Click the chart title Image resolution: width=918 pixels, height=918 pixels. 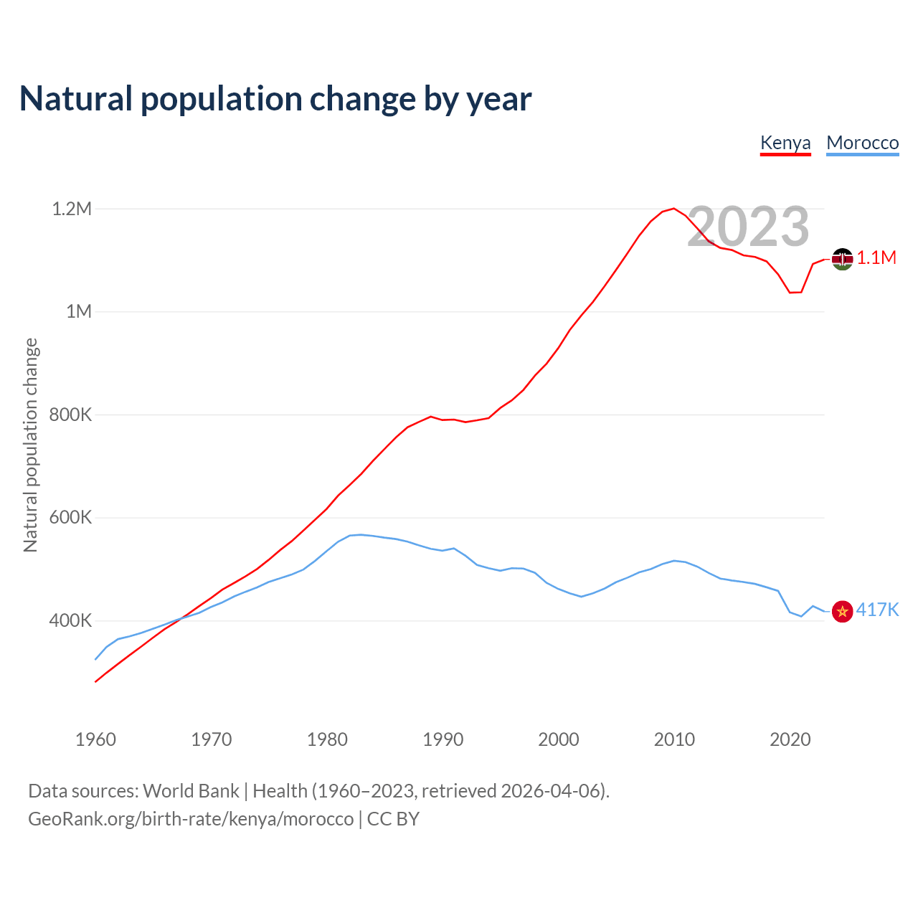(275, 99)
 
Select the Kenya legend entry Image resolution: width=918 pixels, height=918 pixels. (785, 143)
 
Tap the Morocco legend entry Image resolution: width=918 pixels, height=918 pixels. (862, 143)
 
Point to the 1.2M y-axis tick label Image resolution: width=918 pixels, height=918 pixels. (72, 209)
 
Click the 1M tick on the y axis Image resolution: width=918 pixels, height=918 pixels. (79, 311)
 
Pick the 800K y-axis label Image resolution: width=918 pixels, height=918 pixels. (70, 415)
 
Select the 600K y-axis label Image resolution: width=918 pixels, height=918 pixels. (70, 517)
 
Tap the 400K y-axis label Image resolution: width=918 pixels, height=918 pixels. (70, 620)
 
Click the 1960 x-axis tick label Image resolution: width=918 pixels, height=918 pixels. (95, 739)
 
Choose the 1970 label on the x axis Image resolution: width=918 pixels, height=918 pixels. (212, 739)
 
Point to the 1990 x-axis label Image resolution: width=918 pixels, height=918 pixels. (443, 739)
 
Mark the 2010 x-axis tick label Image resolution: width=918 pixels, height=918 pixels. (674, 739)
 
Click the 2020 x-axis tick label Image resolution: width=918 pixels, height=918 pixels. (790, 739)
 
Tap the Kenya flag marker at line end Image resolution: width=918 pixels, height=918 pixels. (842, 259)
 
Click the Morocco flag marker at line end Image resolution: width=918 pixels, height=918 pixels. (842, 611)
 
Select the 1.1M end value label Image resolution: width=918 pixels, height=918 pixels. (876, 258)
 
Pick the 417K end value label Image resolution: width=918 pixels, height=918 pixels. (877, 610)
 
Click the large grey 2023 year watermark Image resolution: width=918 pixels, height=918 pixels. (748, 227)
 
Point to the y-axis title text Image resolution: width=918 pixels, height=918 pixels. (30, 445)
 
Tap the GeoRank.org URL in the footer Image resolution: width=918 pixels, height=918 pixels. (191, 819)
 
